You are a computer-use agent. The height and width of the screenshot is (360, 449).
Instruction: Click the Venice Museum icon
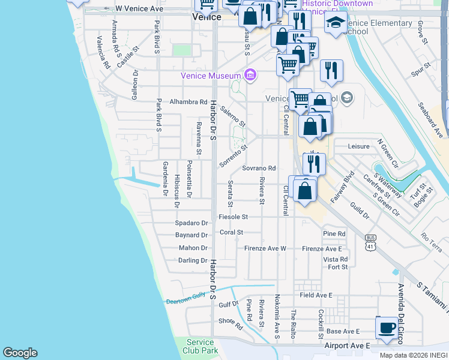point(250,76)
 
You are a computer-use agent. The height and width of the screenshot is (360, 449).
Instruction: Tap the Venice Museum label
point(211,76)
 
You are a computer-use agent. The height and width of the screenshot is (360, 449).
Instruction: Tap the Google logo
point(20,353)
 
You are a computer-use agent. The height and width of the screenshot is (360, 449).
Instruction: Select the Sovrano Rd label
point(259,169)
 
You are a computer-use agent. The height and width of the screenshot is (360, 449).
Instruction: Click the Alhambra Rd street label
point(188,102)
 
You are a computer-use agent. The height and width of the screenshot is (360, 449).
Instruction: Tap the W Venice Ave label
point(139,9)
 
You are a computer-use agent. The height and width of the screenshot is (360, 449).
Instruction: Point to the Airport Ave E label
point(346,346)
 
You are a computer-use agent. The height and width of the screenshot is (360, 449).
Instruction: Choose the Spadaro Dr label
point(191,223)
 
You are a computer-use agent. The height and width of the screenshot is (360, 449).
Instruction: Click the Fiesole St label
point(234,217)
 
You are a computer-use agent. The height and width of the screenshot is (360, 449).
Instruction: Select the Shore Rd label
point(230,323)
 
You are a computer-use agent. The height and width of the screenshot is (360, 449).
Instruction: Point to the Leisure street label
point(360,146)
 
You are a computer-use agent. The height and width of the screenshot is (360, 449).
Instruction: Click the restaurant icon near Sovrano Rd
point(314,163)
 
